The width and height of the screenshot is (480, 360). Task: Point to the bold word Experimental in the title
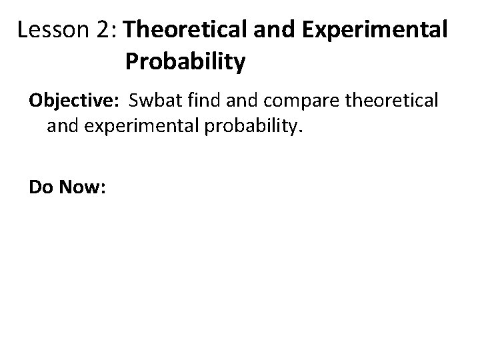(367, 31)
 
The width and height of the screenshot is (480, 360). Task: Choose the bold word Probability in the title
(185, 62)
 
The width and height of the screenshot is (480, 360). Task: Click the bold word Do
(41, 188)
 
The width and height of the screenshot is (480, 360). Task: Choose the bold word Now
(79, 188)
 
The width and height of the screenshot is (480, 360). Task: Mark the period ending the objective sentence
(301, 131)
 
